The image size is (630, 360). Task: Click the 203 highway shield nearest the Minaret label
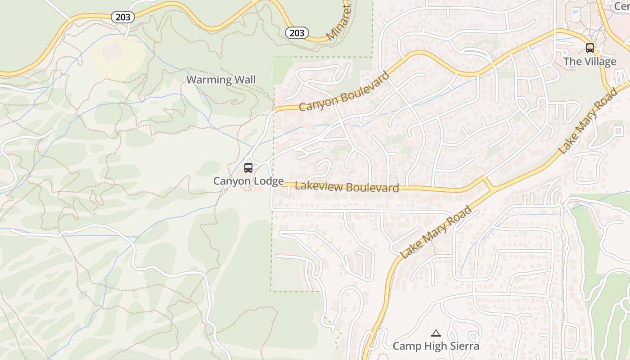297,33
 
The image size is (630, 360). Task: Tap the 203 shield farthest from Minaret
122,17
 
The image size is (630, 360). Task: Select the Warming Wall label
221,80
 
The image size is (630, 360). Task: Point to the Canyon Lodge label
248,181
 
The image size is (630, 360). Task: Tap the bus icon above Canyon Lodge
248,168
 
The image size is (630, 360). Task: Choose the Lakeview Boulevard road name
347,187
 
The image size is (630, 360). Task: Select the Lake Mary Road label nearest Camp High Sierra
436,232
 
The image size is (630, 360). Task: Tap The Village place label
589,62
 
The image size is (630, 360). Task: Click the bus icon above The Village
589,48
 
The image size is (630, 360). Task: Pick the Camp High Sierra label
436,346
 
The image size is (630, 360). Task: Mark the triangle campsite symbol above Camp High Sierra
436,333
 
